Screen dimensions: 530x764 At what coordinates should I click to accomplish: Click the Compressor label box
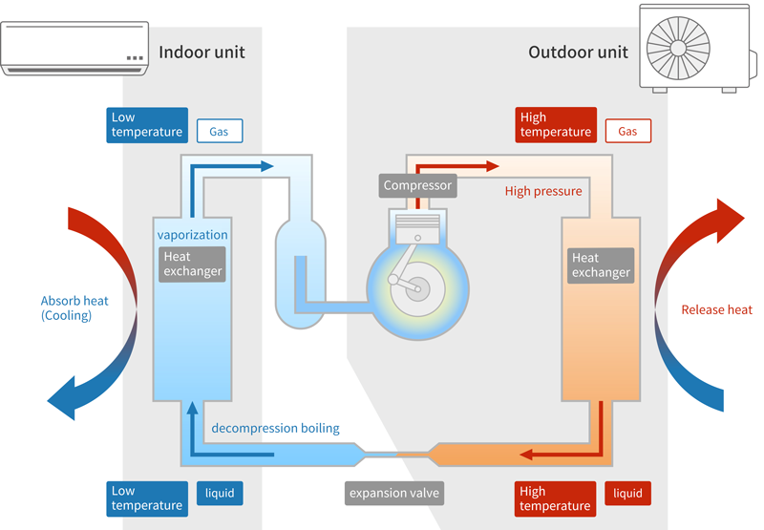point(417,185)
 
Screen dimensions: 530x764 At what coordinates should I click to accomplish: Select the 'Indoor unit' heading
point(202,52)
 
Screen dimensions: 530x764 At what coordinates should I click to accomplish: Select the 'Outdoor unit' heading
point(578,52)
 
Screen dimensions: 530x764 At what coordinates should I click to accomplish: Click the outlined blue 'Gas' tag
point(219,131)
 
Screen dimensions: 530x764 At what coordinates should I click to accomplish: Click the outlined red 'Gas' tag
point(627,131)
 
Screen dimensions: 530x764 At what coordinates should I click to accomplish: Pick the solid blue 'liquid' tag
point(219,494)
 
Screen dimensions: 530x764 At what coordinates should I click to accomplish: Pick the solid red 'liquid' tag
point(627,494)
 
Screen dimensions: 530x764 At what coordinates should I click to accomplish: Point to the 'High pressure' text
point(543,191)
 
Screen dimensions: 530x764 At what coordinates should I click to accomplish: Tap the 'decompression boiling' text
point(275,428)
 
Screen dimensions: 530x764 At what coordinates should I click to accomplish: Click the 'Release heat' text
point(716,309)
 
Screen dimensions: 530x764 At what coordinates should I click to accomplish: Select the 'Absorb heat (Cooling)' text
point(74,307)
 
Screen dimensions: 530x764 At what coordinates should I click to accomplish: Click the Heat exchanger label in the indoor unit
point(192,264)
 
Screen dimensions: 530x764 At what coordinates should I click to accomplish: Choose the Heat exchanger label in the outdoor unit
point(601,265)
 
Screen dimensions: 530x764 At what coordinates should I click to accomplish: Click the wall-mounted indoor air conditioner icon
point(75,48)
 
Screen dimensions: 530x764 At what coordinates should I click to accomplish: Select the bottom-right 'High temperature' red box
point(555,498)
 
